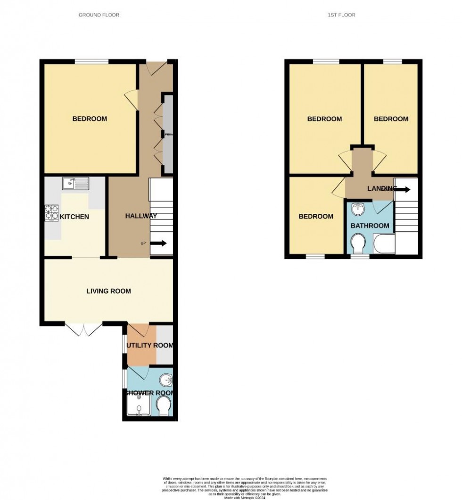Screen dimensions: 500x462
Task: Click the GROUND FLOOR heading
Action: pyautogui.click(x=99, y=15)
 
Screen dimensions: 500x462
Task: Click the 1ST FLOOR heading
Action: pyautogui.click(x=341, y=15)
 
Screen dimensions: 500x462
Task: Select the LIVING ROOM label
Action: pyautogui.click(x=108, y=291)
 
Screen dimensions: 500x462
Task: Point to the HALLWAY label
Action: pyautogui.click(x=141, y=216)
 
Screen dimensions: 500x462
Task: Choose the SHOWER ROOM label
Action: pyautogui.click(x=149, y=393)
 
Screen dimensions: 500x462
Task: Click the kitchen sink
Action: pyautogui.click(x=75, y=183)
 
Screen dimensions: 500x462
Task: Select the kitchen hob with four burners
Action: pyautogui.click(x=51, y=213)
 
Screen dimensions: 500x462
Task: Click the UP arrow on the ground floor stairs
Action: pyautogui.click(x=158, y=244)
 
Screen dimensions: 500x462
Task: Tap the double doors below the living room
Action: pyautogui.click(x=83, y=329)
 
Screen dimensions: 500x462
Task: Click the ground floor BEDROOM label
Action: pyautogui.click(x=90, y=119)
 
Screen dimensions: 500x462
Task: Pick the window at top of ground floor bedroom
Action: pyautogui.click(x=92, y=61)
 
